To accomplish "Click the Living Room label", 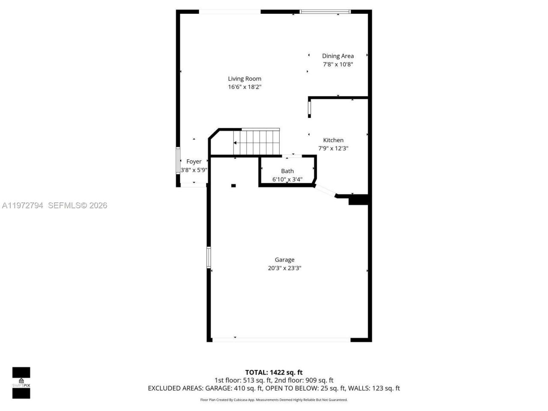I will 244,79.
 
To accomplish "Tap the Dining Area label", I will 338,56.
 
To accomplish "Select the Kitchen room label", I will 333,140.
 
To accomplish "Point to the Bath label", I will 287,171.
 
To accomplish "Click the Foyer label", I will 194,162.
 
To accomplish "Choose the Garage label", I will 285,260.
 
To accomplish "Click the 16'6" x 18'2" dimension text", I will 244,87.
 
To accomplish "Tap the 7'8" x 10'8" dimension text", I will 338,64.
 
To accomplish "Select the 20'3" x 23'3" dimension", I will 285,268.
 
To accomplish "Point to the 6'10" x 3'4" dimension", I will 287,179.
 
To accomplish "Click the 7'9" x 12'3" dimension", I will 333,149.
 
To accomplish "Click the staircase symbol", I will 256,142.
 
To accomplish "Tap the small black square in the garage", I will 233,185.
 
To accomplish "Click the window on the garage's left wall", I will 209,257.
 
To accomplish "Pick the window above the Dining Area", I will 325,12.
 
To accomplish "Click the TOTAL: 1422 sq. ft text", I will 274,372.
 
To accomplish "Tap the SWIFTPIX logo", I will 21,382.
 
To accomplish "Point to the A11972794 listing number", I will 23,205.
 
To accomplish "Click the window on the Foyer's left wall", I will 178,161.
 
